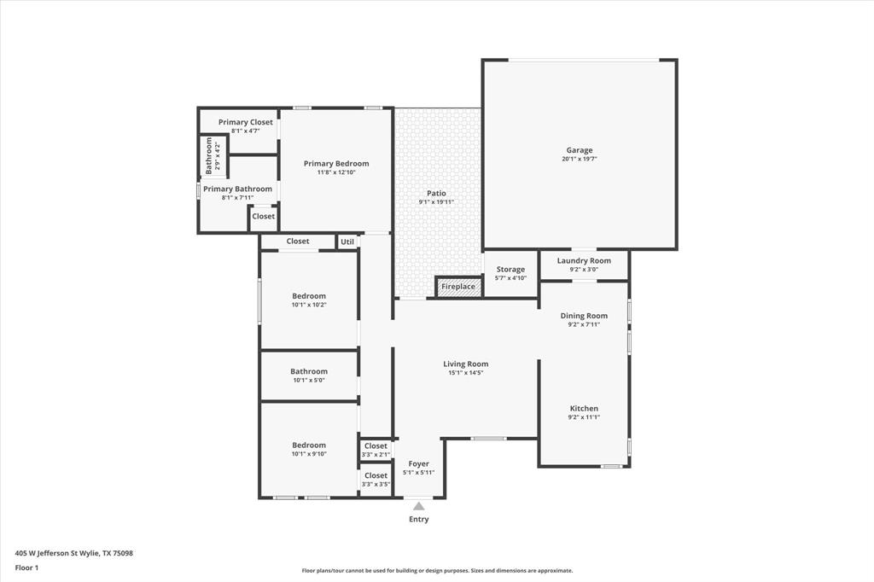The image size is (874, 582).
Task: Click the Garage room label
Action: coord(579,150)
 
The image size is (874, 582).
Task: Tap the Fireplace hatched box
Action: coord(458,287)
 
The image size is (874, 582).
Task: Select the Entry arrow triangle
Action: coord(418,506)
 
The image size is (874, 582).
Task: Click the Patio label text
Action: coord(436,194)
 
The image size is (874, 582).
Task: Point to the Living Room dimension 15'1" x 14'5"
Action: coord(465,373)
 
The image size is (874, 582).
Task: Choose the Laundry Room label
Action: coord(584,260)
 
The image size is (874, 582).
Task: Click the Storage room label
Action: coord(510,269)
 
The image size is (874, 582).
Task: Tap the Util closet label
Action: coord(347,242)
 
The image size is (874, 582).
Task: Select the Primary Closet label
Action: coord(245,122)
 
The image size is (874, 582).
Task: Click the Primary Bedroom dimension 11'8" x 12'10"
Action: coord(336,172)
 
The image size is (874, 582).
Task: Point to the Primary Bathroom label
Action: coord(237,189)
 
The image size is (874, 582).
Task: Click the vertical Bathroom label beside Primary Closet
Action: coord(208,155)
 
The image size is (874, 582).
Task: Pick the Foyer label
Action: coord(418,463)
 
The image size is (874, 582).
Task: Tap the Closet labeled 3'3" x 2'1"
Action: coord(376,446)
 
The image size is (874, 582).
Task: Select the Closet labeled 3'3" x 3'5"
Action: coord(376,475)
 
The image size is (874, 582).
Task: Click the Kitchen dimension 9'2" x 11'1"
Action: coord(584,417)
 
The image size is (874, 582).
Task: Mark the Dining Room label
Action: coord(584,316)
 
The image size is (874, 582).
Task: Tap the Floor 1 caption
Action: coord(26,567)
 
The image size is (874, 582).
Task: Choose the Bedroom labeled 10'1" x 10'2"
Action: coord(309,296)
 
